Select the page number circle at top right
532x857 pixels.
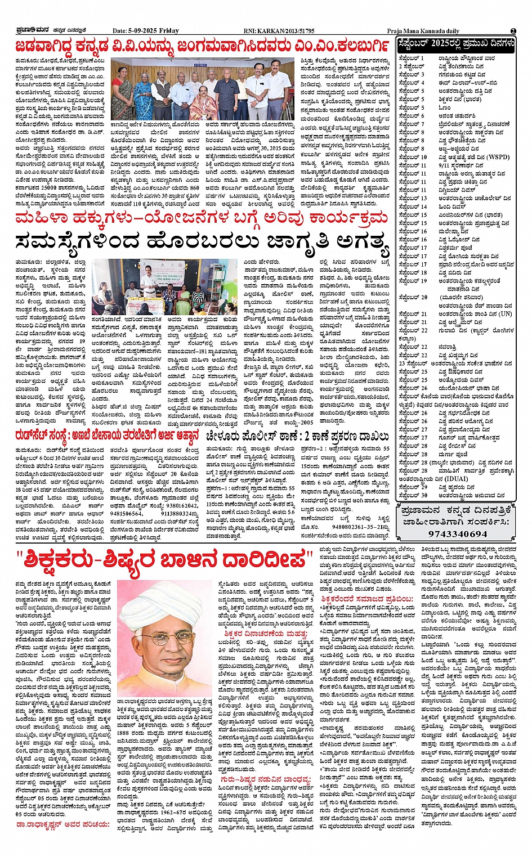coord(513,30)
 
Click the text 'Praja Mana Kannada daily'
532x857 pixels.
coord(423,31)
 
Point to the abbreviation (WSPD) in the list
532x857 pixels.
coord(498,158)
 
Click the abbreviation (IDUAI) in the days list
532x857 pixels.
coord(457,479)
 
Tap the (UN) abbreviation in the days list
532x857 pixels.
coord(505,314)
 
